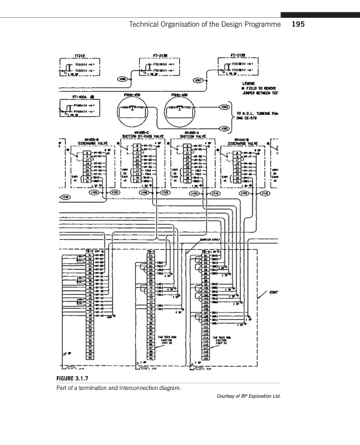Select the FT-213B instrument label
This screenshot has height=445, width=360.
[x=160, y=56]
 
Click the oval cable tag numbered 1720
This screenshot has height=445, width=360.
[x=66, y=197]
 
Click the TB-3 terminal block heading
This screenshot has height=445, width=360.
[x=151, y=251]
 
